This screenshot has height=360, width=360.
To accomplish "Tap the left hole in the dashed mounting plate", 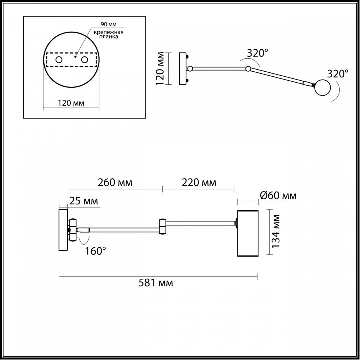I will pyautogui.click(x=59, y=60).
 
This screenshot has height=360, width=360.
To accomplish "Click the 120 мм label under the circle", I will pyautogui.click(x=71, y=103).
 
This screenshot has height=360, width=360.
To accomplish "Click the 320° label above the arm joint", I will pyautogui.click(x=257, y=52).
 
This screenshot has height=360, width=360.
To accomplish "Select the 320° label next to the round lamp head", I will pyautogui.click(x=337, y=73).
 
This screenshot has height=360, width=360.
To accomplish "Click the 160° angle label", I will pyautogui.click(x=95, y=251).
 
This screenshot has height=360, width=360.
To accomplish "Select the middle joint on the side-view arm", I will pyautogui.click(x=163, y=226).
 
